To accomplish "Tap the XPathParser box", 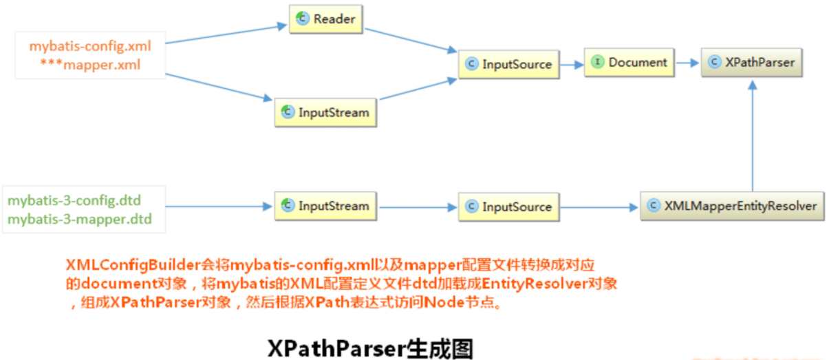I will tap(751, 63).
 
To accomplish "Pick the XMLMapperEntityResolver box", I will tap(732, 206).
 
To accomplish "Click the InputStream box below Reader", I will tap(325, 112).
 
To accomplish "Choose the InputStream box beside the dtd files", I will tap(325, 206).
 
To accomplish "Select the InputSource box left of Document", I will tap(508, 64).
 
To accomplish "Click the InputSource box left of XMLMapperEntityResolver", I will tap(508, 207).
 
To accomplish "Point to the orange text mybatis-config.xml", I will tap(89, 47).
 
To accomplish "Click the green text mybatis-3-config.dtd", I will tap(74, 202).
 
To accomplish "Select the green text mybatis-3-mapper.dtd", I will tap(79, 220).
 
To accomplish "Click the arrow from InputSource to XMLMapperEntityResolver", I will tap(599, 207).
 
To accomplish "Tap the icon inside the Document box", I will tap(597, 63).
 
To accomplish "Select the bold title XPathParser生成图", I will tap(370, 348).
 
